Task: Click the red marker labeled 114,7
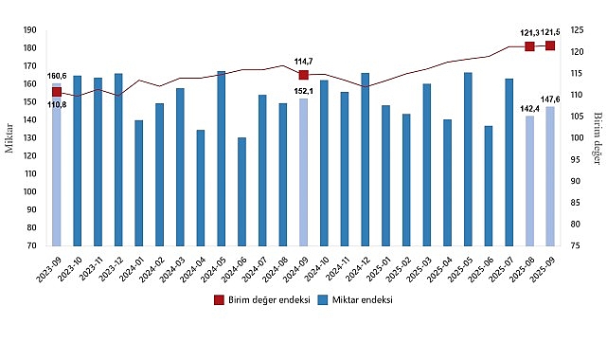tap(304, 75)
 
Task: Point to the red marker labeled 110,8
tap(56, 91)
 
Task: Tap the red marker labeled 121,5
tap(550, 45)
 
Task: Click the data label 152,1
tap(304, 92)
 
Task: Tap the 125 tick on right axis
tap(577, 30)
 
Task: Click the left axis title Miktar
tap(9, 138)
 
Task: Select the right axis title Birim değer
tap(597, 138)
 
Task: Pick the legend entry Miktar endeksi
tap(354, 299)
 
